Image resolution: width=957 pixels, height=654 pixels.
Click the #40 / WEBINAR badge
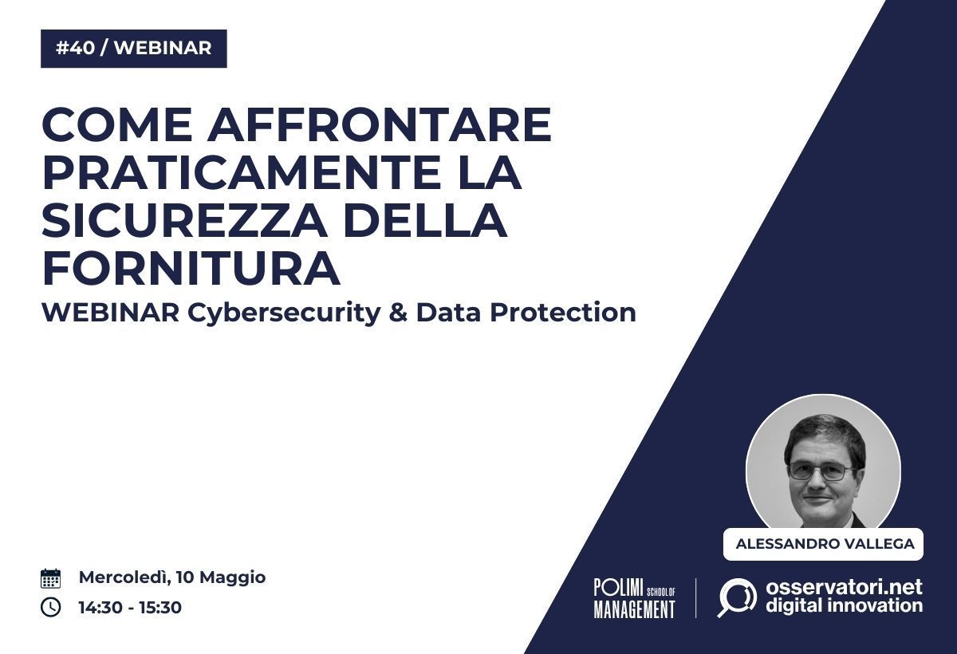point(134,49)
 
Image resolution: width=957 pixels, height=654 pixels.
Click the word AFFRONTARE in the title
point(380,124)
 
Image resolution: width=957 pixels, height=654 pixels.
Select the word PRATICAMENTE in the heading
point(242,172)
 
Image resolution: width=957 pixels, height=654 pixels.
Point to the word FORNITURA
point(191,268)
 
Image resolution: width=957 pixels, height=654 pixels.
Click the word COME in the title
point(118,124)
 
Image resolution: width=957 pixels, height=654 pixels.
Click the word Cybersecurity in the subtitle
point(284,313)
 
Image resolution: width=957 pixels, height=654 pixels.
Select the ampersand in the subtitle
point(398,313)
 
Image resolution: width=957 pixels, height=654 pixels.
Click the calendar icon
point(50,578)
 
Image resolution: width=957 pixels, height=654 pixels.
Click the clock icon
point(50,607)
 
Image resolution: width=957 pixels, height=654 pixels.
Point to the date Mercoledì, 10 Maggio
point(172,578)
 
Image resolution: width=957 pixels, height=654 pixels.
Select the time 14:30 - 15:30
point(130,607)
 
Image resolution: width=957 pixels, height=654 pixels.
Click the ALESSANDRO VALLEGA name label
point(823,544)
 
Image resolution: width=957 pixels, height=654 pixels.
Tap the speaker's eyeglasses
point(822,471)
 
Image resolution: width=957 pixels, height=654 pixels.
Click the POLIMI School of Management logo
point(635,597)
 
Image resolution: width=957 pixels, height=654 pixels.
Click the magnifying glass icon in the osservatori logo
point(737,597)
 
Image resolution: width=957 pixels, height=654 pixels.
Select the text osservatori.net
point(844,587)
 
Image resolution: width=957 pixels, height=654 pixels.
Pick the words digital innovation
point(844,605)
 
